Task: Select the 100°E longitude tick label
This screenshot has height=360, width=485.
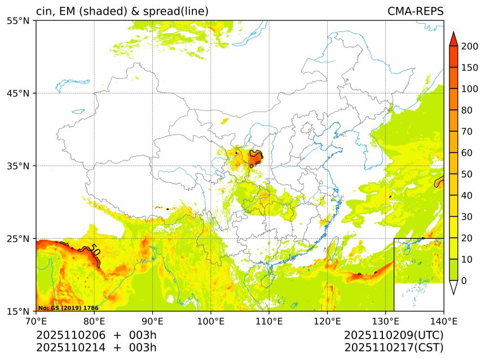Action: pyautogui.click(x=210, y=322)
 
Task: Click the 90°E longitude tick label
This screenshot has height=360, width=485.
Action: pyautogui.click(x=152, y=322)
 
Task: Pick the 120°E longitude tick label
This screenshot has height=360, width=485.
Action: pyautogui.click(x=327, y=322)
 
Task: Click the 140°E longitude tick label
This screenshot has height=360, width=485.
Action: pyautogui.click(x=443, y=322)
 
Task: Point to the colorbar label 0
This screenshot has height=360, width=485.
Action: pyautogui.click(x=464, y=281)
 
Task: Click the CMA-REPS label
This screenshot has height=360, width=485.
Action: pyautogui.click(x=415, y=12)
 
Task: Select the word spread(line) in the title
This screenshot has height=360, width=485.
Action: pyautogui.click(x=179, y=12)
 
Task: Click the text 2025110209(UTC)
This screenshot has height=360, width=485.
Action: pyautogui.click(x=394, y=335)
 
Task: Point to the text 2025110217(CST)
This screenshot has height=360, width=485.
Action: pyautogui.click(x=394, y=347)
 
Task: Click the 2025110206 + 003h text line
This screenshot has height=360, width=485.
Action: pyautogui.click(x=96, y=335)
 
